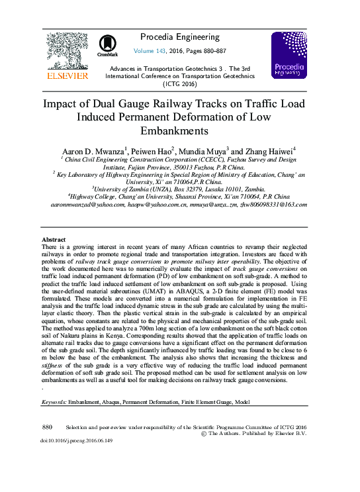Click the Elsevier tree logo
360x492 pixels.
click(67, 51)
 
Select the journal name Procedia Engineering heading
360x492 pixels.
click(179, 36)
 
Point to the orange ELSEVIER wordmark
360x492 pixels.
click(67, 76)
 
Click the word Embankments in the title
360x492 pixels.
click(179, 130)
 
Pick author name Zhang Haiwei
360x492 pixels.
click(271, 151)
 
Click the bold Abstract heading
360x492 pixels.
click(54, 239)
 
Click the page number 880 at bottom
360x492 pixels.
click(46, 428)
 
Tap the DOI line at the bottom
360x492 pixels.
click(76, 440)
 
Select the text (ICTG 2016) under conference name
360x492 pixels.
click(179, 84)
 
